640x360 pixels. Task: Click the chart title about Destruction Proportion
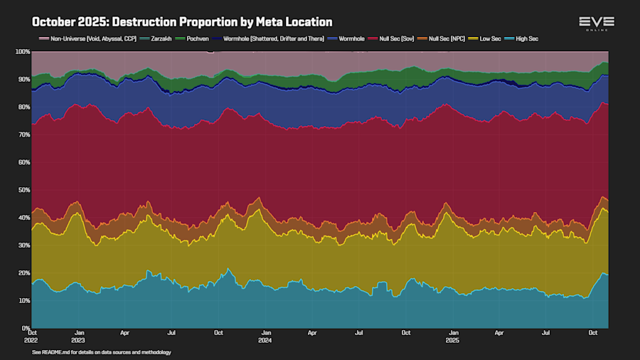[x=182, y=22]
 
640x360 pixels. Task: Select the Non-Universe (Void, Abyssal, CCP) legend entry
[x=89, y=38]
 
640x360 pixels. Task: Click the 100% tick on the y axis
[x=22, y=52]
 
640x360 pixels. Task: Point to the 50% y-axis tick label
[x=23, y=190]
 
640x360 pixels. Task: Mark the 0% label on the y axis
[x=25, y=328]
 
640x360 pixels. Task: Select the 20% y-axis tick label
[x=23, y=273]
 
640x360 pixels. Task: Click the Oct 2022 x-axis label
[x=33, y=337]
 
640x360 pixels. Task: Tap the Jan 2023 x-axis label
[x=80, y=337]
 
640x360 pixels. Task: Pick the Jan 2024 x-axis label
[x=265, y=337]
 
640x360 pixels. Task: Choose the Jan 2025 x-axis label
[x=452, y=337]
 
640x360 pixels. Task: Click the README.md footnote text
[x=102, y=352]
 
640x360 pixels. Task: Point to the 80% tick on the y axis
[x=23, y=107]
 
